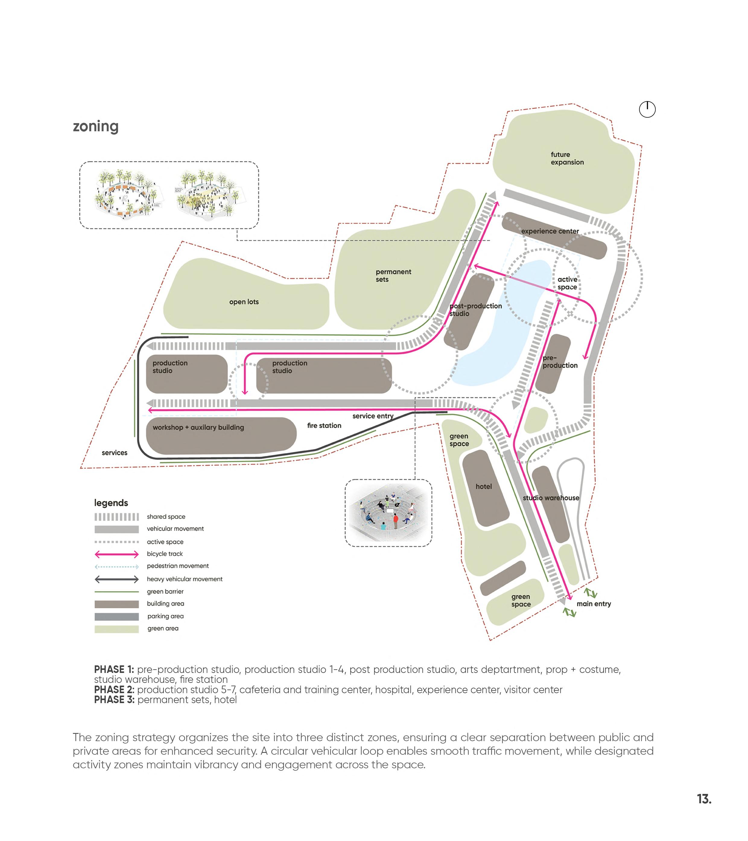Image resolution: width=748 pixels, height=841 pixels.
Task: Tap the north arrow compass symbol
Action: click(647, 110)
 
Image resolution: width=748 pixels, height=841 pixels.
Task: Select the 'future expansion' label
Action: click(567, 158)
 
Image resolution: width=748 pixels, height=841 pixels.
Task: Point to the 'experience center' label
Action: click(550, 231)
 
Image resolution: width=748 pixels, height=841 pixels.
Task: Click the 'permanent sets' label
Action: click(393, 276)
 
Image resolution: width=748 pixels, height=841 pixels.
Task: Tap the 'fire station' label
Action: click(324, 425)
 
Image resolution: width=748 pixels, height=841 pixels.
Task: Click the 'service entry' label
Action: click(372, 416)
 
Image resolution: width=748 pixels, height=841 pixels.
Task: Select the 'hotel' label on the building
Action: click(483, 486)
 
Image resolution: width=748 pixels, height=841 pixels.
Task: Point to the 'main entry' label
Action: click(593, 604)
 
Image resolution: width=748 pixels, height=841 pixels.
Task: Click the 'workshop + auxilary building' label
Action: click(198, 428)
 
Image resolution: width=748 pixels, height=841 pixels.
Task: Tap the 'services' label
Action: click(114, 453)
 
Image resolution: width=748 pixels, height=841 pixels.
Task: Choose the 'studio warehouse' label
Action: click(551, 498)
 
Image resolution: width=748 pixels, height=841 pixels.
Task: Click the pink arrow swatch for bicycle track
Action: click(117, 554)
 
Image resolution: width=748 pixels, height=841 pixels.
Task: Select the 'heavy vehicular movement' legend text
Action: click(185, 579)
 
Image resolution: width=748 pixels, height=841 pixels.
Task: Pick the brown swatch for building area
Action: click(117, 604)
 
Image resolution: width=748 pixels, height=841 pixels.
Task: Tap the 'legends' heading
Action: click(111, 503)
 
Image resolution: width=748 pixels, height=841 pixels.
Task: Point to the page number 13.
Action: click(704, 799)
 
